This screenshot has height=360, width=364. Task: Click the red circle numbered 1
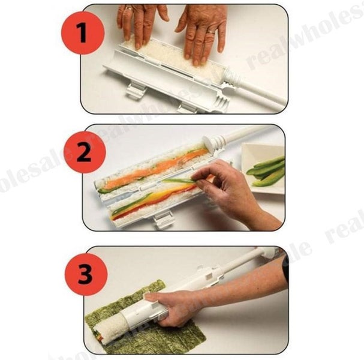[x=82, y=32]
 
